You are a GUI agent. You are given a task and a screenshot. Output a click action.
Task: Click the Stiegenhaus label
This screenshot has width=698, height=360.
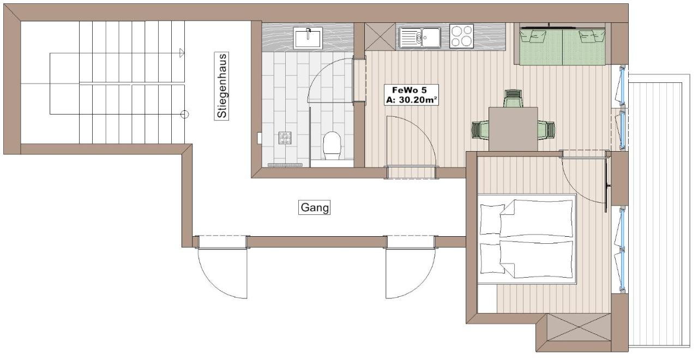(222, 86)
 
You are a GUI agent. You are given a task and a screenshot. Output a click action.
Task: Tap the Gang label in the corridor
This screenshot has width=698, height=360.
(315, 207)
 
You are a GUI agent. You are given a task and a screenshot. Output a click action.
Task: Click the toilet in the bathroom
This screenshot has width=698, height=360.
(332, 147)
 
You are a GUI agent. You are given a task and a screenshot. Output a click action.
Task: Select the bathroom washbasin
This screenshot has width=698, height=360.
(308, 38)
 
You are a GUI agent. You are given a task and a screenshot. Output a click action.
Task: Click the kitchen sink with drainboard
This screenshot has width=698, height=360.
(419, 37)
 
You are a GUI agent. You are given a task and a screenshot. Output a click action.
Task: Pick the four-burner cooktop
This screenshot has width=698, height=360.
(461, 35)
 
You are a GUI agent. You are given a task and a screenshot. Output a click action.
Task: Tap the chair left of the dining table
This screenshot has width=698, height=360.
(480, 130)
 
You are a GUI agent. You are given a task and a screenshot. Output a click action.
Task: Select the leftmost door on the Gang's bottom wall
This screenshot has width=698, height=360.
(222, 270)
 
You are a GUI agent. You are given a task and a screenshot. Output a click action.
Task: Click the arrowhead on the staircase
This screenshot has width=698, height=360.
(182, 53)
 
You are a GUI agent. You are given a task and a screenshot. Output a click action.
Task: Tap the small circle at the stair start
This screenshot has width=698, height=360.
(184, 114)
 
